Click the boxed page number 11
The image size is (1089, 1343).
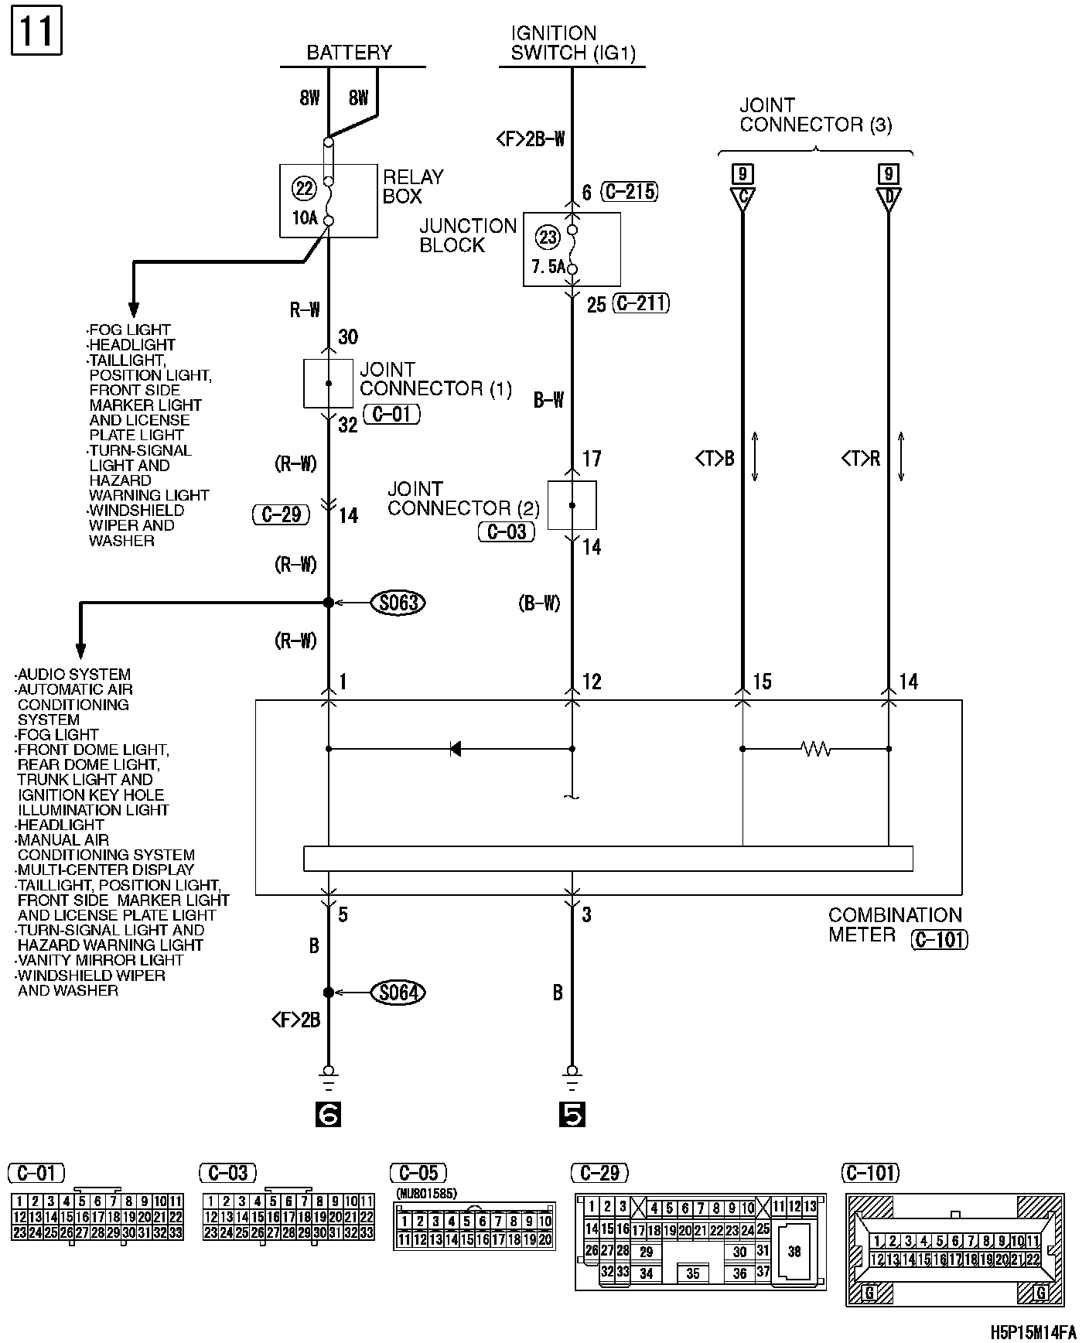pos(36,32)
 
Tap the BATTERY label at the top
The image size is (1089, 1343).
pos(350,53)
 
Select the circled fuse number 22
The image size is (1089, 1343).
pos(304,187)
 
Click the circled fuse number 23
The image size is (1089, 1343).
pos(548,237)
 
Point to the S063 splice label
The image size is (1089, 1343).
pos(398,603)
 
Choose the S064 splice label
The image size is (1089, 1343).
pos(398,993)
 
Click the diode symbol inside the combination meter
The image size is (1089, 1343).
pos(456,749)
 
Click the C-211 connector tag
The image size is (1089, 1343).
pos(640,303)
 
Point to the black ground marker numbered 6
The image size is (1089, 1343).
pos(329,1114)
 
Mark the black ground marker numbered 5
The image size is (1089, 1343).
pos(572,1114)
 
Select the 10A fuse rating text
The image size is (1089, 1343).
pos(305,218)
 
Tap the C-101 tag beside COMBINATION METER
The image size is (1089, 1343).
pos(940,939)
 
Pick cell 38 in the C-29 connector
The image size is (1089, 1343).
pos(794,1251)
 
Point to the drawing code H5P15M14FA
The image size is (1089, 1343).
pos(1033,1332)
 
